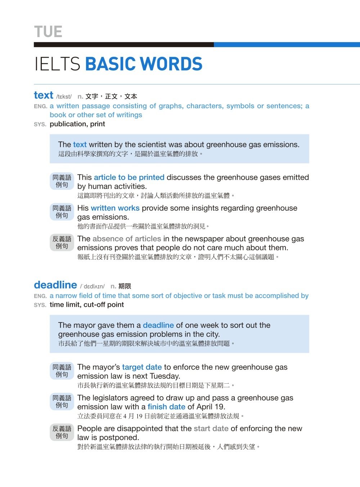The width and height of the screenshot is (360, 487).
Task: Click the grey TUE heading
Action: (x=48, y=32)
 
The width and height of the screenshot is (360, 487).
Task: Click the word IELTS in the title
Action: (x=57, y=64)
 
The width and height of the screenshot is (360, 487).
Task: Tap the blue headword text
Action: (x=44, y=95)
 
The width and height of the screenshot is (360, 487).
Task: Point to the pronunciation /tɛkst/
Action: (x=64, y=96)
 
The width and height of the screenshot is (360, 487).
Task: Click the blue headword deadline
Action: (x=55, y=285)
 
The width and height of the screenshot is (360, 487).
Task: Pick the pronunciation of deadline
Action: (x=92, y=287)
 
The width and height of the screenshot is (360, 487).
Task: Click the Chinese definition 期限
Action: (x=125, y=286)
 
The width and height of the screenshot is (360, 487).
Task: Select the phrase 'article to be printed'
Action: (x=129, y=177)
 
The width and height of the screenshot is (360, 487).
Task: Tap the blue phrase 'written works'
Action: (x=115, y=208)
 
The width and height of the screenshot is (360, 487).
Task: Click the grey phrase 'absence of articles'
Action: (x=127, y=239)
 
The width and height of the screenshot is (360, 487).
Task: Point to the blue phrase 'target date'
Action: (x=142, y=367)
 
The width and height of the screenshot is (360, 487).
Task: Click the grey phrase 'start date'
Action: (x=211, y=428)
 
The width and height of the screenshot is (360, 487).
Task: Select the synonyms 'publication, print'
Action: (x=77, y=124)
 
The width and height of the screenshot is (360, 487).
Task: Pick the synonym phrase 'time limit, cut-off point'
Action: (x=87, y=305)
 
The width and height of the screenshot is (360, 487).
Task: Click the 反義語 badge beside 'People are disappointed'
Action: (x=62, y=432)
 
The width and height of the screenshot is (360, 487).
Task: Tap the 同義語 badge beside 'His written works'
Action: (x=62, y=212)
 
